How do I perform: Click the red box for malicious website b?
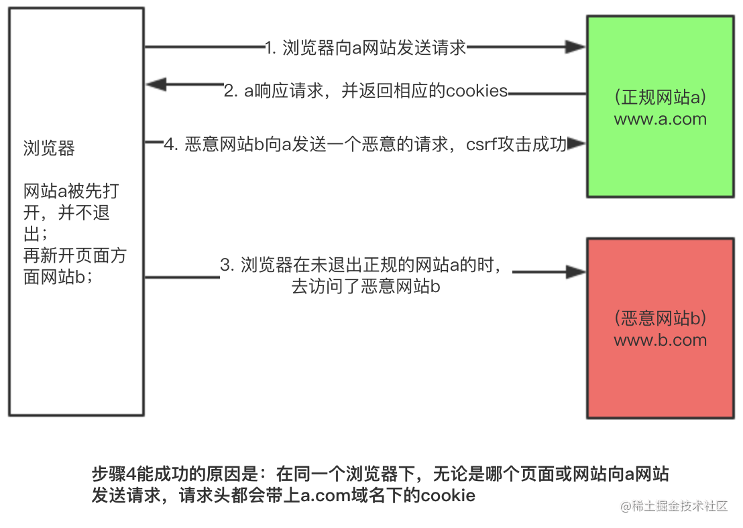[660, 382]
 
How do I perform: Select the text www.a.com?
[660, 119]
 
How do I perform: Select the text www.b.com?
[660, 340]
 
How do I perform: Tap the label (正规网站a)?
[660, 97]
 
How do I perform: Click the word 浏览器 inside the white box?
[49, 148]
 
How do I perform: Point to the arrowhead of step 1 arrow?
[575, 47]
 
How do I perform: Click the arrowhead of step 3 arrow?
[575, 272]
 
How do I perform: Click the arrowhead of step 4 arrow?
[577, 144]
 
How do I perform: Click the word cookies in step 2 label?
[477, 91]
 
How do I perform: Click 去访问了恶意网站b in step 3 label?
[365, 287]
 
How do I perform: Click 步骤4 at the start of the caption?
[114, 474]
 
